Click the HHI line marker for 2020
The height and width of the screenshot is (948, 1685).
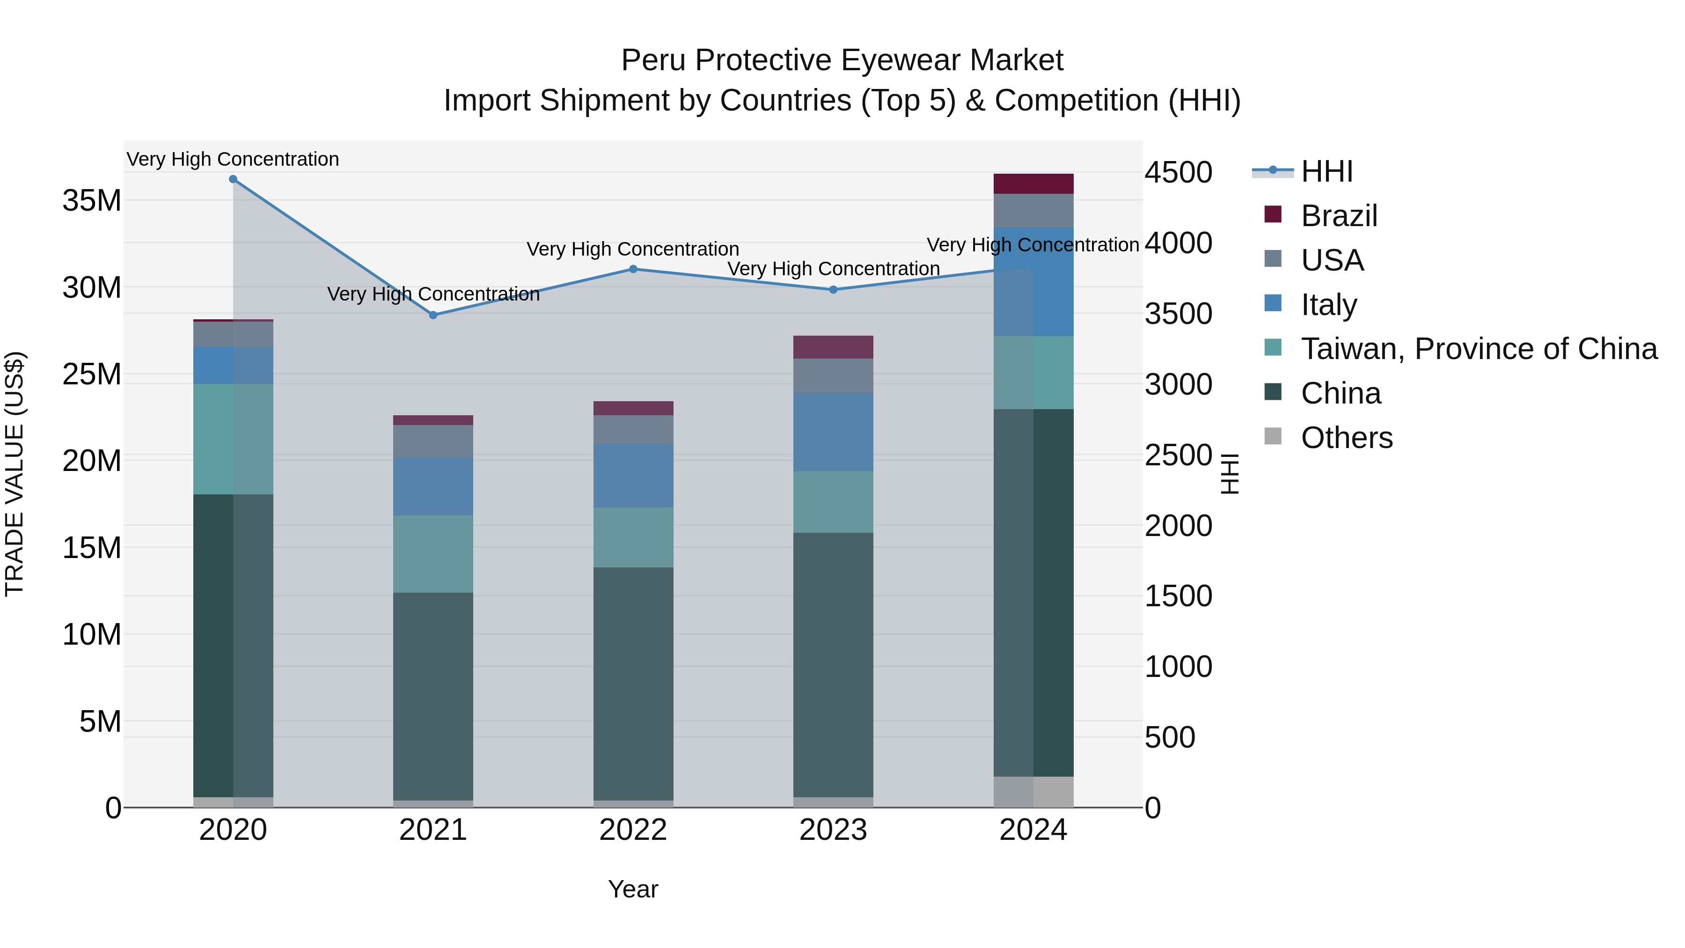(x=233, y=179)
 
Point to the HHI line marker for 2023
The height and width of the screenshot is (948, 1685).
(x=833, y=290)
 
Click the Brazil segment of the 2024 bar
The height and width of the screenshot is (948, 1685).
(x=1033, y=184)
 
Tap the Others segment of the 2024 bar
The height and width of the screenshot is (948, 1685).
(x=1033, y=792)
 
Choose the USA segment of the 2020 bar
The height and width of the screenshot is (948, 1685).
(x=233, y=334)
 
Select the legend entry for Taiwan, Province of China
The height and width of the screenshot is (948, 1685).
(x=1478, y=349)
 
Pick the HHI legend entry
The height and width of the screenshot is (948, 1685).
(x=1326, y=171)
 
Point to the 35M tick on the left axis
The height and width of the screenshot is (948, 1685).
(x=92, y=200)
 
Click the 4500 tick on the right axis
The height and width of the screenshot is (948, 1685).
(x=1178, y=173)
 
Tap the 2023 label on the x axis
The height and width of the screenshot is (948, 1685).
(x=833, y=830)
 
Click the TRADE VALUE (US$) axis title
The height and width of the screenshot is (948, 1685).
(x=15, y=474)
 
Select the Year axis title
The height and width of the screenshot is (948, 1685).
(x=632, y=889)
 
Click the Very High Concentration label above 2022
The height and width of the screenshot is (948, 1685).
(x=632, y=249)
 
